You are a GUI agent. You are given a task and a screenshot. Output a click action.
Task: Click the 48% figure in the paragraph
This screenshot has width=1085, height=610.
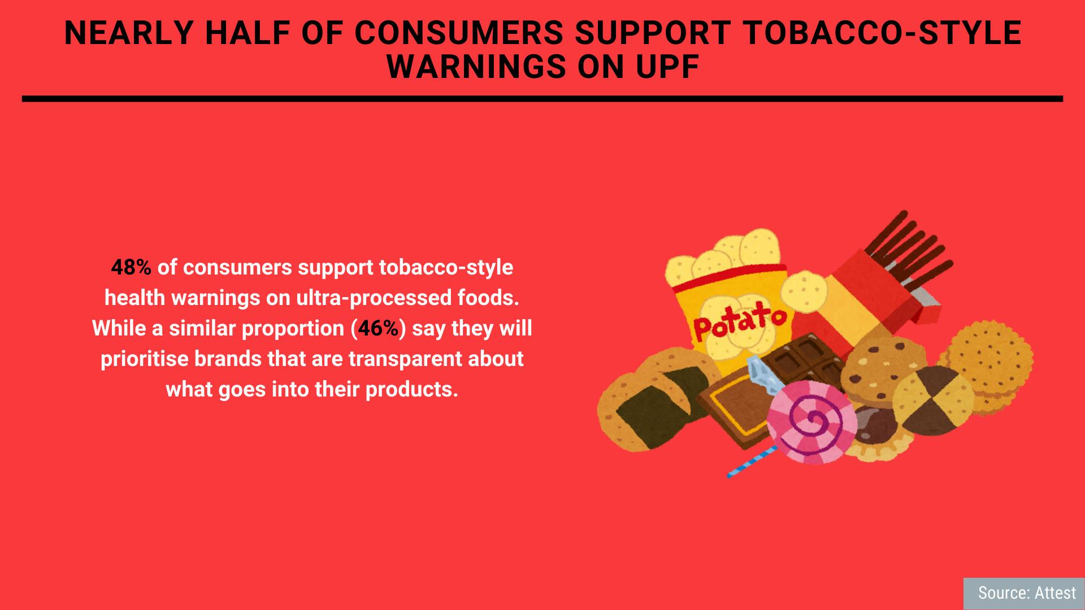click(x=131, y=267)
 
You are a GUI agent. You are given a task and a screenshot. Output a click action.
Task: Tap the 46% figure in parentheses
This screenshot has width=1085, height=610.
click(x=378, y=328)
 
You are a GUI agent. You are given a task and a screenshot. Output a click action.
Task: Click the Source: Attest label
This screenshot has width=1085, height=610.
click(x=1027, y=592)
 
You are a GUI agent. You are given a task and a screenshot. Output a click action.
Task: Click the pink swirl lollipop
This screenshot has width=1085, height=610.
click(x=811, y=421)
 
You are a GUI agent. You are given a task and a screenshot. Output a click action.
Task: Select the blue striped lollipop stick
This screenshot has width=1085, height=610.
click(x=752, y=461)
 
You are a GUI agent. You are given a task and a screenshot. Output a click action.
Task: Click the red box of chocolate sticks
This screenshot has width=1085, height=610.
click(x=882, y=294)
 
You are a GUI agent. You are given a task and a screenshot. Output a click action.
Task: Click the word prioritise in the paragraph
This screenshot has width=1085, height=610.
click(x=144, y=359)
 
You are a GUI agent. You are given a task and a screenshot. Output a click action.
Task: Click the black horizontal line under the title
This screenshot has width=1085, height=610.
click(x=542, y=99)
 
